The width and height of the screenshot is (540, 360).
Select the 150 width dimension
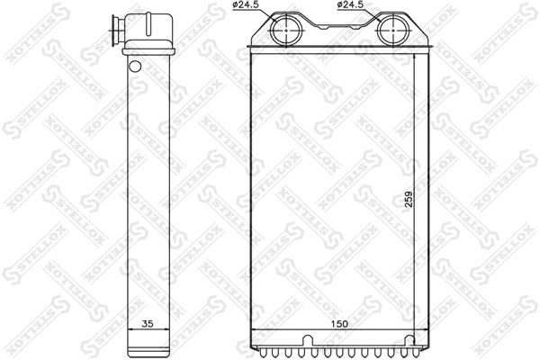point(337,323)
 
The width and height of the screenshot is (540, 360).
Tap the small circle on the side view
point(134,65)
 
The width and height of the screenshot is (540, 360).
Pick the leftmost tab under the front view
point(257,349)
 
